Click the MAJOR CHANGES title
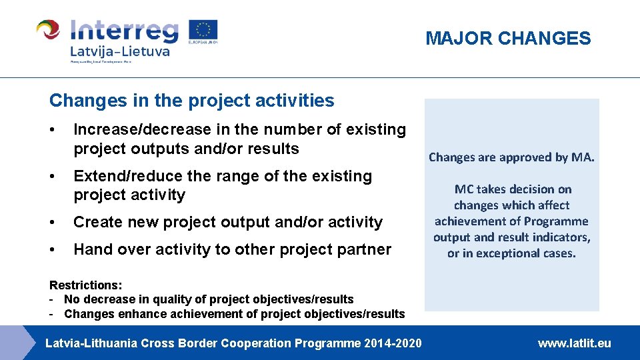coord(508,39)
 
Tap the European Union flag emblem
coord(203,30)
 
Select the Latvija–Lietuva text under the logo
coord(120,51)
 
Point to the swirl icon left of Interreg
coord(49,30)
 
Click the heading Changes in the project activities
coord(191,101)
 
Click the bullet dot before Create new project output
coord(53,223)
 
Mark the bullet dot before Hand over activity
coord(53,250)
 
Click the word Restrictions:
coord(89,285)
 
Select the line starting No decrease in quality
coord(208,299)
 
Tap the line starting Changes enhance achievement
coord(234,313)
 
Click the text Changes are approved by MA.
coord(511,157)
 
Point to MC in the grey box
coord(463,189)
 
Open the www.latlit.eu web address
coord(574,343)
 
